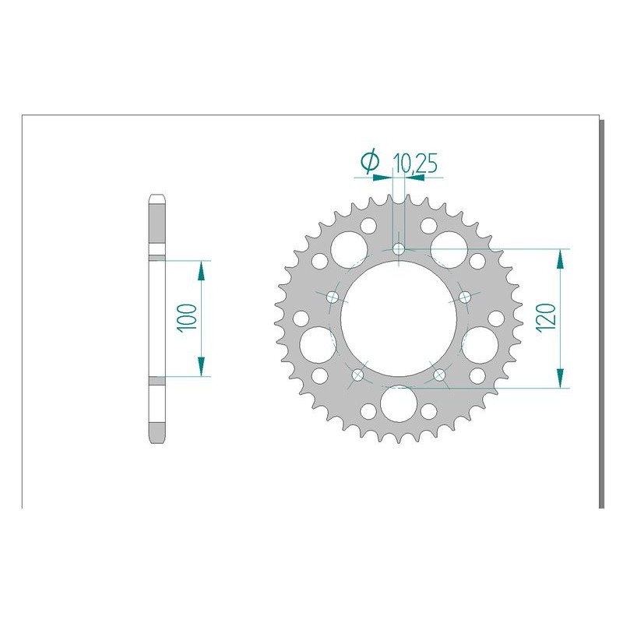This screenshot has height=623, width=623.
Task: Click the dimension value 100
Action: tap(186, 318)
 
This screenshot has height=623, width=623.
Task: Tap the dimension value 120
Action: tap(544, 318)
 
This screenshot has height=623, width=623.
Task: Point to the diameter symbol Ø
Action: tap(370, 162)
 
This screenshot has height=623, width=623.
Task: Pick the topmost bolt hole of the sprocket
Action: tap(399, 249)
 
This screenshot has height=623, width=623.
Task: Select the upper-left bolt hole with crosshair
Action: tap(333, 297)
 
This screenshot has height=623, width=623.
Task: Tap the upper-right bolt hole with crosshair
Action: tap(465, 297)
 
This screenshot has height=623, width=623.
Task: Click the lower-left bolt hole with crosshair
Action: tap(358, 375)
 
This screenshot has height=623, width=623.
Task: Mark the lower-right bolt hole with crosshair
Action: tap(439, 375)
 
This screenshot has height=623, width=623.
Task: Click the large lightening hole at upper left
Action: tap(346, 248)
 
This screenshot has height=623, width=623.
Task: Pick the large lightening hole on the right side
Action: tap(481, 343)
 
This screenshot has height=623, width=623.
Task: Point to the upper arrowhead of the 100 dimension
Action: tap(201, 269)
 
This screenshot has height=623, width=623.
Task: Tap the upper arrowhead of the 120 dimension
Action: tap(559, 259)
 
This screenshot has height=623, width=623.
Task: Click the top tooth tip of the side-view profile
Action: tap(157, 196)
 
